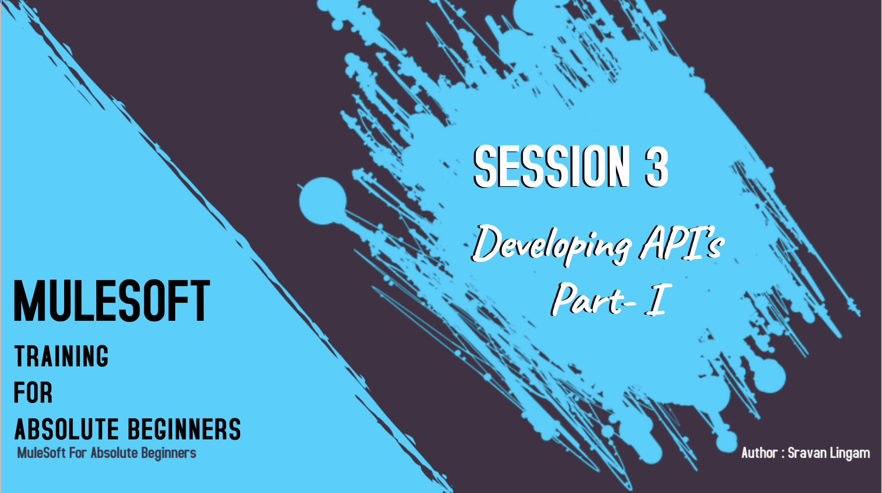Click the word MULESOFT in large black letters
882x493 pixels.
(x=112, y=301)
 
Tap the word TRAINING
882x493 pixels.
(x=62, y=356)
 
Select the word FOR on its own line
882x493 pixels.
(x=33, y=393)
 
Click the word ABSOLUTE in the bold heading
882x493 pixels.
(x=67, y=429)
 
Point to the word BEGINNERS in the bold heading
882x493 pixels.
(x=184, y=429)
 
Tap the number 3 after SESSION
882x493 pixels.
(x=656, y=167)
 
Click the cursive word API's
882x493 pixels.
(x=681, y=242)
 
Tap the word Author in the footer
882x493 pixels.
(x=759, y=452)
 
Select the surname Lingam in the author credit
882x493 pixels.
(x=850, y=453)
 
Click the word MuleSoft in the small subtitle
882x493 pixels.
(x=41, y=453)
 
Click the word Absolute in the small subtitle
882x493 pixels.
(x=114, y=453)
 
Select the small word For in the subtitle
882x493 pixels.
(x=78, y=453)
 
